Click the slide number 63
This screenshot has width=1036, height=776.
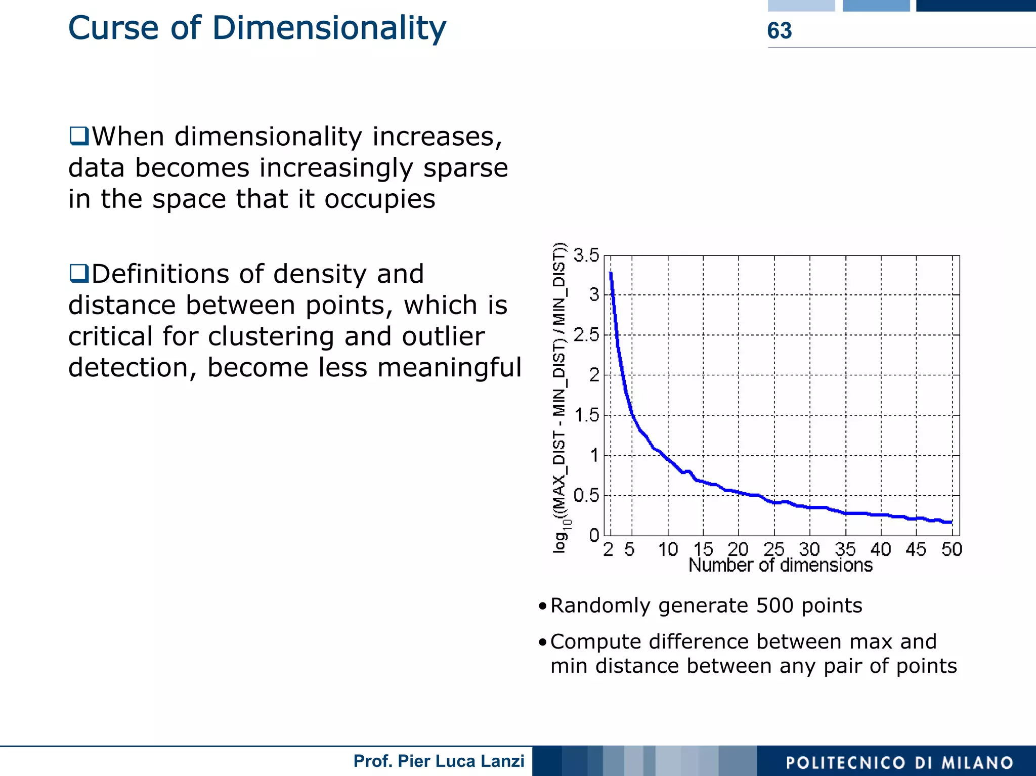tap(779, 31)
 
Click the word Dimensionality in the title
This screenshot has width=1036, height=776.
tap(329, 28)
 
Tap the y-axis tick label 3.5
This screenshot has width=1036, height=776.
tap(586, 255)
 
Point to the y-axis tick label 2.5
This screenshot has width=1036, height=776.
tap(586, 335)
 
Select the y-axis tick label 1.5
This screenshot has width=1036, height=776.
tap(586, 415)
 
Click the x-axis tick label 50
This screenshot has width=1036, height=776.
tap(951, 549)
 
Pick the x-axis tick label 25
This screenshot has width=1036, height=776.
tap(773, 549)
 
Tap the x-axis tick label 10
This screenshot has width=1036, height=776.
tap(668, 549)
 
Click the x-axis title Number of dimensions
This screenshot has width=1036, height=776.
tap(780, 566)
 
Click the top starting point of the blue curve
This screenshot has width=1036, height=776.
tap(611, 274)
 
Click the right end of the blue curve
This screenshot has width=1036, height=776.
tap(951, 522)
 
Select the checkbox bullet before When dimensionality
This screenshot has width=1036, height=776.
tap(79, 136)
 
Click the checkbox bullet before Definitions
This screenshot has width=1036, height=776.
tap(79, 274)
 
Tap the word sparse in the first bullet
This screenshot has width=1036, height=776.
tap(465, 168)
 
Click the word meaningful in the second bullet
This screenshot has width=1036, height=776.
tap(449, 368)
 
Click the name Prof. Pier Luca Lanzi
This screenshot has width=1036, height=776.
tap(439, 761)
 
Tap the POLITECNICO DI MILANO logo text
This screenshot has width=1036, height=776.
tap(899, 762)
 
